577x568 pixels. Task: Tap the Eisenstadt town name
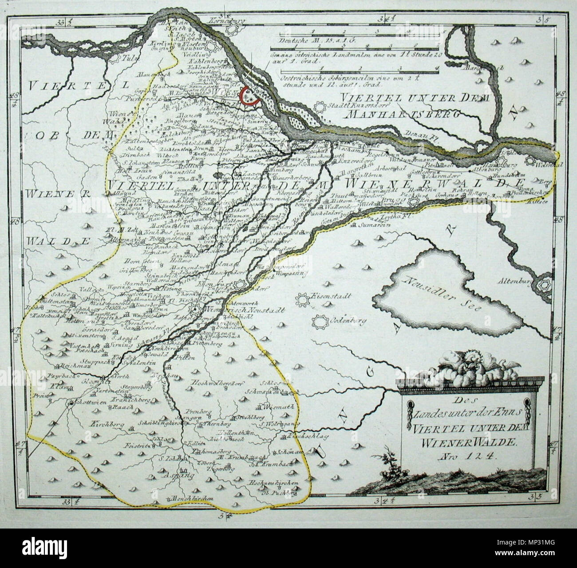click(x=327, y=296)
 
